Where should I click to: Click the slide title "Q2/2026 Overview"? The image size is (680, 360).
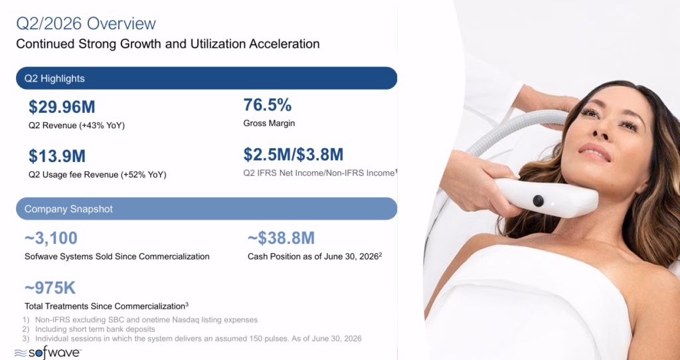pyautogui.click(x=86, y=23)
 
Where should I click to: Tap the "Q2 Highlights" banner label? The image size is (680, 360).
pyautogui.click(x=54, y=78)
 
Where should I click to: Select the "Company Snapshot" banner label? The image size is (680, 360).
pyautogui.click(x=68, y=209)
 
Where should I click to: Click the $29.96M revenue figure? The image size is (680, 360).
pyautogui.click(x=62, y=107)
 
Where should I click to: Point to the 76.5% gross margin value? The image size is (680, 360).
pyautogui.click(x=268, y=105)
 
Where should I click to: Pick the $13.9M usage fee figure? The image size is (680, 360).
pyautogui.click(x=57, y=156)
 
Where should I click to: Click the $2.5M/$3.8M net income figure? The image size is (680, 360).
pyautogui.click(x=293, y=154)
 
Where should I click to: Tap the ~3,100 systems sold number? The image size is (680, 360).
pyautogui.click(x=51, y=238)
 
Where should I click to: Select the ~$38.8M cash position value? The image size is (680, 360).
pyautogui.click(x=281, y=238)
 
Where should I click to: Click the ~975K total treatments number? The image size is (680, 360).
pyautogui.click(x=50, y=288)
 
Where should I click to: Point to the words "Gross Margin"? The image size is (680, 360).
pyautogui.click(x=269, y=123)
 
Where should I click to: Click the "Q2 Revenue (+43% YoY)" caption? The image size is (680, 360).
pyautogui.click(x=77, y=126)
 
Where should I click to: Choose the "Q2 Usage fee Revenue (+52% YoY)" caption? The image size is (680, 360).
pyautogui.click(x=98, y=175)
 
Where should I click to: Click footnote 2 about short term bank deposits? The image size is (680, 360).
pyautogui.click(x=89, y=329)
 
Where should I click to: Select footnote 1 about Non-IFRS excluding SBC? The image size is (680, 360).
pyautogui.click(x=140, y=320)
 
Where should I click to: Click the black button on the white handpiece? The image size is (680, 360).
pyautogui.click(x=538, y=201)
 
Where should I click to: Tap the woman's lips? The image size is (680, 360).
pyautogui.click(x=595, y=152)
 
